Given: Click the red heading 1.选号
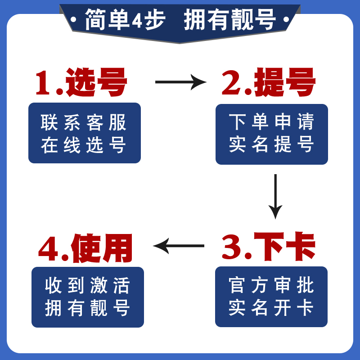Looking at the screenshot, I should [x=81, y=83].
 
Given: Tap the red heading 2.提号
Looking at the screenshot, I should [x=268, y=83].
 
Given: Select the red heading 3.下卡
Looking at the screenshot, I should [x=268, y=247].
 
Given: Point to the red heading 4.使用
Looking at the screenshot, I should [x=85, y=248].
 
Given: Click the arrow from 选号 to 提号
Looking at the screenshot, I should [x=180, y=82].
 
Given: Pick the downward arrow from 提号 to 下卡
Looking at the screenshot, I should [x=275, y=196].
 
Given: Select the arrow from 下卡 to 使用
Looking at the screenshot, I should [x=179, y=246].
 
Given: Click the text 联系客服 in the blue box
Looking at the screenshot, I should [x=84, y=122].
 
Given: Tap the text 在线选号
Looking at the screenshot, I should [x=84, y=145].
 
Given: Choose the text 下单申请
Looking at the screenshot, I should [x=271, y=122].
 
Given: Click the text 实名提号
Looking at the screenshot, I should [x=271, y=144].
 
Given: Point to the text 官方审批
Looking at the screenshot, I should [x=271, y=285].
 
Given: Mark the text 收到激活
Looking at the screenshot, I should [x=87, y=286].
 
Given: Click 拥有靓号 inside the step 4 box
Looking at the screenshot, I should [x=87, y=308].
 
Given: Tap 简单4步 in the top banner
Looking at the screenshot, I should [x=125, y=20].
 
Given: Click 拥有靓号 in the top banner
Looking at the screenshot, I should [x=230, y=20].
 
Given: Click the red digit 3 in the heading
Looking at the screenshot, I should [x=232, y=248].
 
